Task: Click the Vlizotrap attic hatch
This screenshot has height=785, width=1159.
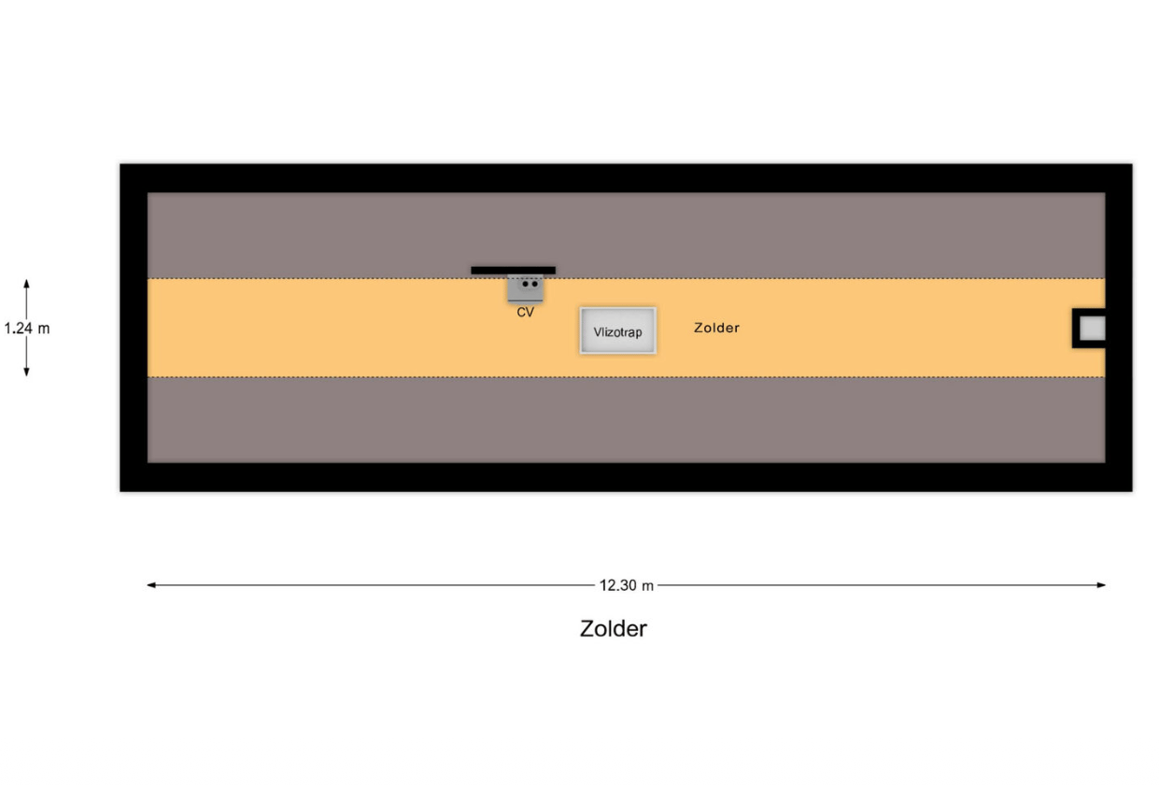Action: tap(617, 331)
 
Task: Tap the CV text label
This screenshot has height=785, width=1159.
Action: tap(525, 313)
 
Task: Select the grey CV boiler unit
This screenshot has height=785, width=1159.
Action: tap(525, 289)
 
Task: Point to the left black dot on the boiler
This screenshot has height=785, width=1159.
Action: tap(525, 284)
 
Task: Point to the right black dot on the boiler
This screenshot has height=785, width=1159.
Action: tap(534, 284)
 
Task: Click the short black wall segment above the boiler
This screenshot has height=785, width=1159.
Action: tap(514, 270)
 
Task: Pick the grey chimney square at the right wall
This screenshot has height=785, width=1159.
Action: tap(1093, 329)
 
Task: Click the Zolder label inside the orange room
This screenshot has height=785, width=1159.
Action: tap(716, 328)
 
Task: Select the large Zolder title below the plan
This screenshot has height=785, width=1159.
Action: tap(614, 629)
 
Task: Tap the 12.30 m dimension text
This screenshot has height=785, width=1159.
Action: tap(627, 585)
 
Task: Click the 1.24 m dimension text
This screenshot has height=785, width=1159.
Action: tap(27, 329)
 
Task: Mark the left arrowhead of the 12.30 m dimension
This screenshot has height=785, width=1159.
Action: tap(151, 585)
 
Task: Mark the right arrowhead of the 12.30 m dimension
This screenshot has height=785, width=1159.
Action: tap(1101, 585)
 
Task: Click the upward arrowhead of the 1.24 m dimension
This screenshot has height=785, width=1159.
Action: tap(26, 284)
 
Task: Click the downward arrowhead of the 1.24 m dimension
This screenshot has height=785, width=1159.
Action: tap(26, 372)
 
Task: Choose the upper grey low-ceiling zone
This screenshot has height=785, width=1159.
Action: tap(626, 235)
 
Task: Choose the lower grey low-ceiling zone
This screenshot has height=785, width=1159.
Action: tap(626, 420)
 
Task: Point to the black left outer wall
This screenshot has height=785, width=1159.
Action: tap(134, 328)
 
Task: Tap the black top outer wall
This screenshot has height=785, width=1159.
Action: tap(626, 178)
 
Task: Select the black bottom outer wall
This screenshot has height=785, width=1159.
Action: tap(626, 477)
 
